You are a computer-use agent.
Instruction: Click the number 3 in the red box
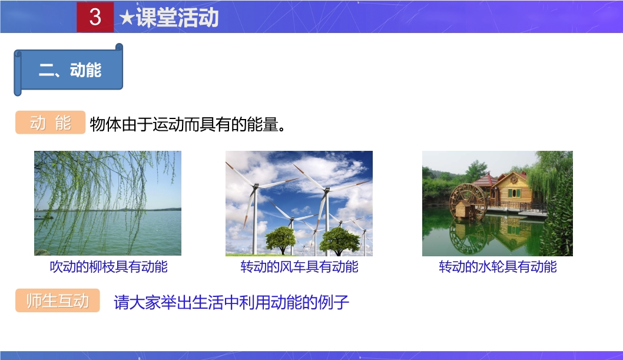click(x=95, y=16)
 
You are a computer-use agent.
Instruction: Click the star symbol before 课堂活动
click(x=127, y=18)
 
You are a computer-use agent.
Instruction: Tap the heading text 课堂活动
click(x=177, y=18)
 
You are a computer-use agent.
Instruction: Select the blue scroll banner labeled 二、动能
click(x=68, y=70)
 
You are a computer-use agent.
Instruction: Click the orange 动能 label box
click(x=51, y=123)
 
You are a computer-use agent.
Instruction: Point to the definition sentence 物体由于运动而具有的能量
click(x=187, y=124)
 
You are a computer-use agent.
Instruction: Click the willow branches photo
click(x=108, y=203)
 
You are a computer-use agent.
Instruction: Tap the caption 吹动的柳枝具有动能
click(x=108, y=267)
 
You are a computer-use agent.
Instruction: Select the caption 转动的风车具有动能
click(x=299, y=267)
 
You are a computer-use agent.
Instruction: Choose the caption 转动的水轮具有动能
click(x=498, y=267)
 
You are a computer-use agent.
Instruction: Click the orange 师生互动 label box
click(x=58, y=300)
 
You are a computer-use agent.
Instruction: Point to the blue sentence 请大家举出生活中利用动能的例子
click(x=231, y=302)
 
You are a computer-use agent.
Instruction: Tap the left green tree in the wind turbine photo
click(x=280, y=239)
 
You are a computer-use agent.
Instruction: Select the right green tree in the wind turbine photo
click(x=339, y=240)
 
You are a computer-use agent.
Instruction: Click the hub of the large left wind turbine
click(x=256, y=186)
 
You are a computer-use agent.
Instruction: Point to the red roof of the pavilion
click(x=485, y=181)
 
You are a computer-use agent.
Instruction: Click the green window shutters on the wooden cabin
click(x=514, y=193)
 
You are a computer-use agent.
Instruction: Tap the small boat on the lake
click(x=43, y=217)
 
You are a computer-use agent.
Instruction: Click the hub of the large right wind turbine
click(x=327, y=190)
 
